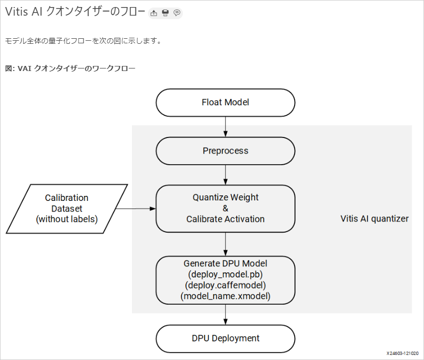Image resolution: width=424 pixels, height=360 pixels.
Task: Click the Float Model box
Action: point(225,103)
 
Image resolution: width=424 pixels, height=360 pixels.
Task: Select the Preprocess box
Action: point(225,151)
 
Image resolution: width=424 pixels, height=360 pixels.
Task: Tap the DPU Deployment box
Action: point(225,338)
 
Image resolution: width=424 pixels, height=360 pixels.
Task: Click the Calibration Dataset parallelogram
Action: point(67,208)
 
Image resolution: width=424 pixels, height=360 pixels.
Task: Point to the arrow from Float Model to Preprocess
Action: point(225,126)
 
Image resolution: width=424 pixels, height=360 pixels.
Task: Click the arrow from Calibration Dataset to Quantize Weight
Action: point(135,208)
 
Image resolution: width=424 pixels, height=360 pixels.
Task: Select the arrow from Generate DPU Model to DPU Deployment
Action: point(225,315)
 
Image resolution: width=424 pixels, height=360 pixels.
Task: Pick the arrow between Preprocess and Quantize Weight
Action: point(225,175)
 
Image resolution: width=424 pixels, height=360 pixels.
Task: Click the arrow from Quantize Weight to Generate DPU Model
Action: point(225,244)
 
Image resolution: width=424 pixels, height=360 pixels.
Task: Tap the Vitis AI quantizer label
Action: point(375,219)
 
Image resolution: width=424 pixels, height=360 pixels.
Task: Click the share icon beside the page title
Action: point(154,13)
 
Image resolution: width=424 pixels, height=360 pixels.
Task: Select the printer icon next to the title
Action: point(165,13)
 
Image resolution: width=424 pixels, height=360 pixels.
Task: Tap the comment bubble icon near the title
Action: point(177,13)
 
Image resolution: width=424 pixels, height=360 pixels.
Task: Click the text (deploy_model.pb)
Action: point(225,274)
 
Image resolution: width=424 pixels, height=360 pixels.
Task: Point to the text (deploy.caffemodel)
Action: point(225,285)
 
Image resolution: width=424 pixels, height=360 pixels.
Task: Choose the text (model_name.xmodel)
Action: point(225,296)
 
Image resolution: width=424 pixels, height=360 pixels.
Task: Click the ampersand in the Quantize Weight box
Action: point(226,208)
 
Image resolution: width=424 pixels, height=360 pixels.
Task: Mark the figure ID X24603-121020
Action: point(402,353)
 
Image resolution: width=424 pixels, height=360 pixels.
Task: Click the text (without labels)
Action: point(67,219)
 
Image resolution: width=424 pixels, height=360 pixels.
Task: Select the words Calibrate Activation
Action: point(225,219)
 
